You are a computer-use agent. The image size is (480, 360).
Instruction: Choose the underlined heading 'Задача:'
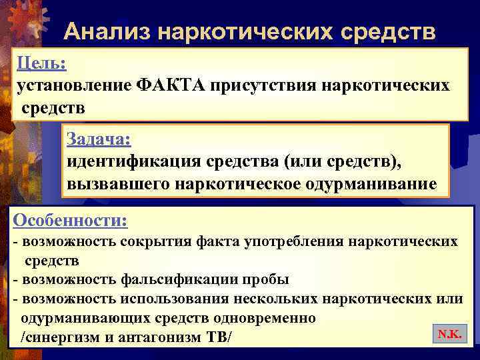[x=99, y=139]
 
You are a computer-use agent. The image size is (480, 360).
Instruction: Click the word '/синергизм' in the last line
[x=57, y=337]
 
